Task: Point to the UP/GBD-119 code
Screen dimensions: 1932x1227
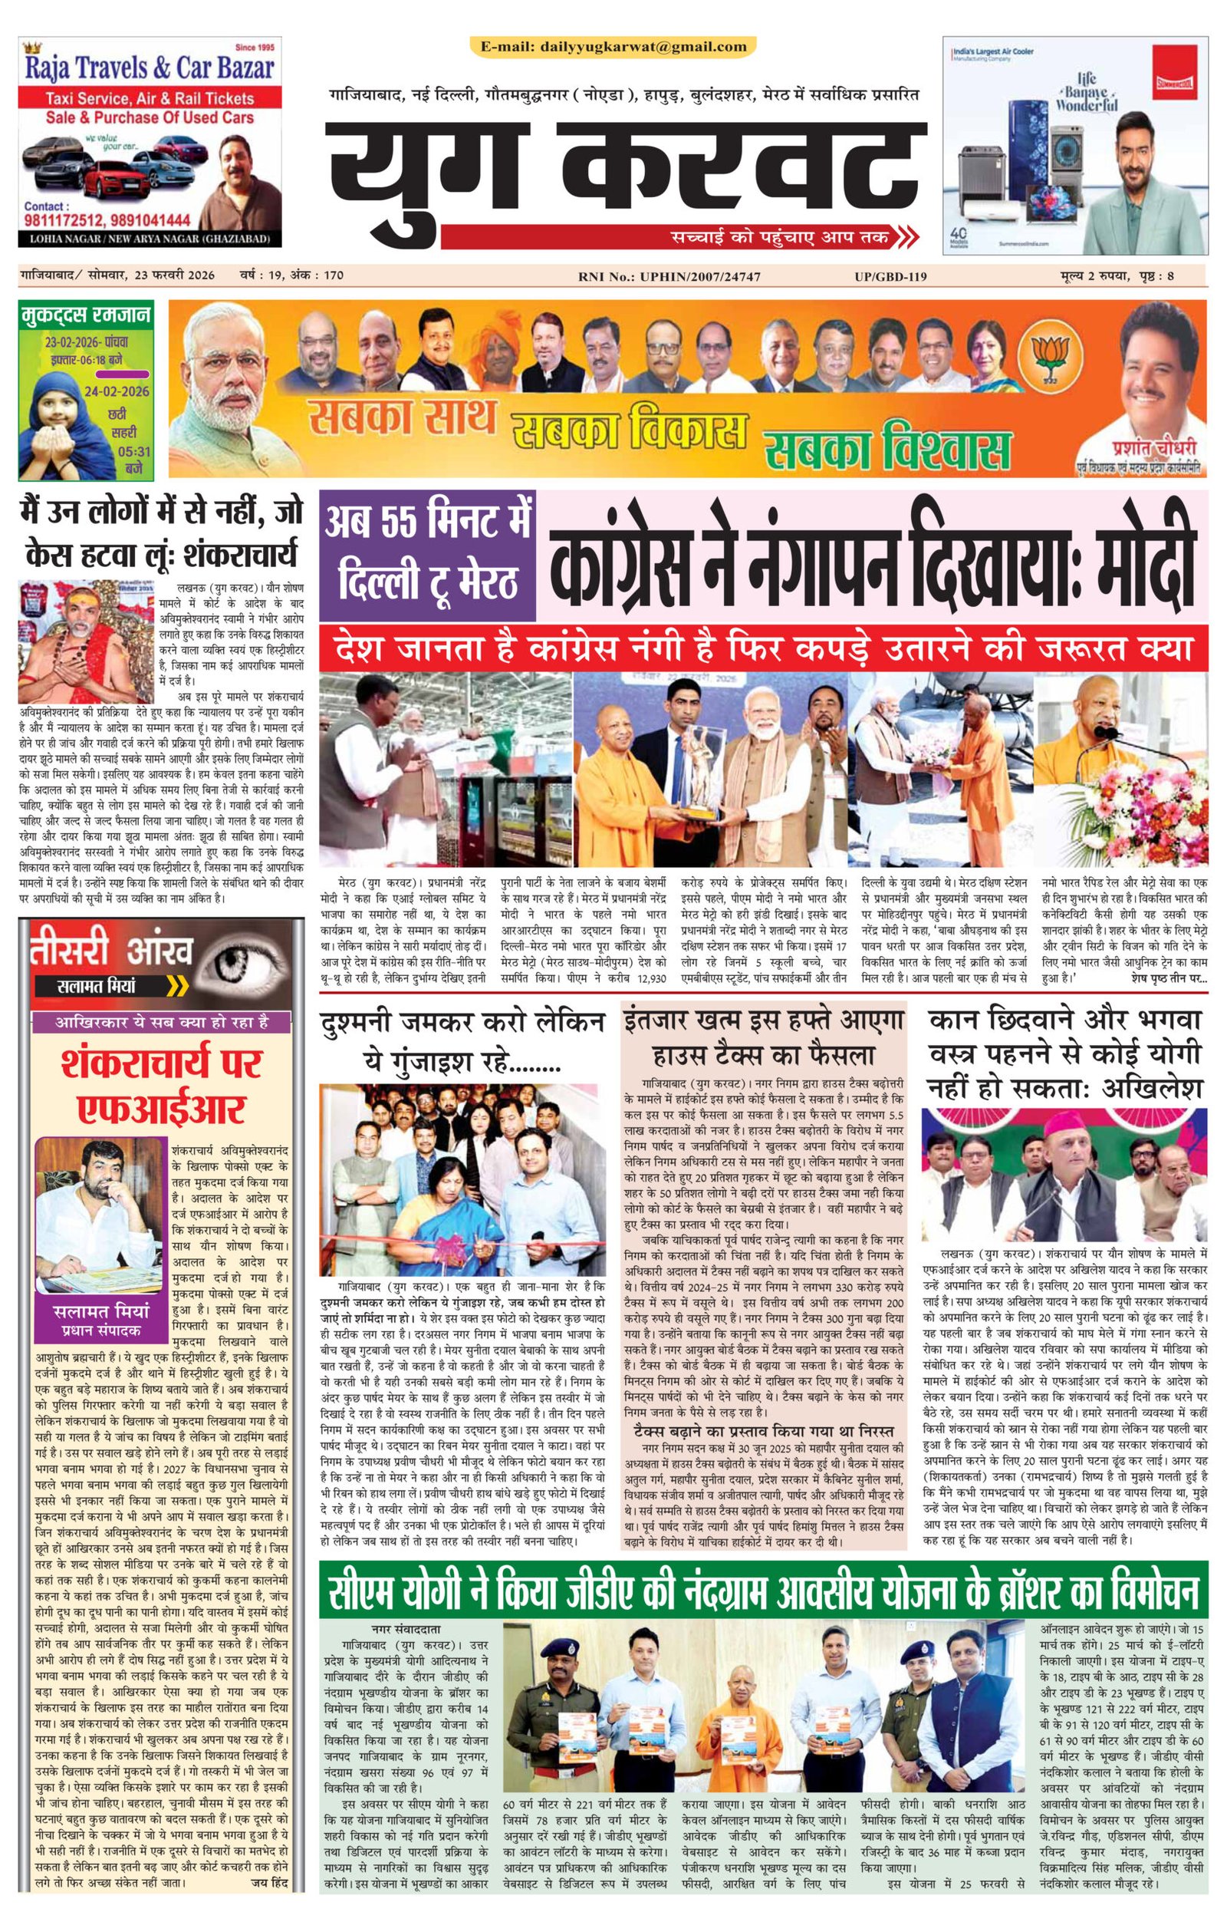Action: pyautogui.click(x=890, y=277)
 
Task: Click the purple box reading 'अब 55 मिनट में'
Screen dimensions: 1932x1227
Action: pyautogui.click(x=427, y=523)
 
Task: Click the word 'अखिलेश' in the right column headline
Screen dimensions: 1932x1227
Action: pyautogui.click(x=1153, y=1088)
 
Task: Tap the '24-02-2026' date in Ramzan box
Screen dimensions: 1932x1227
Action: pyautogui.click(x=117, y=391)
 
